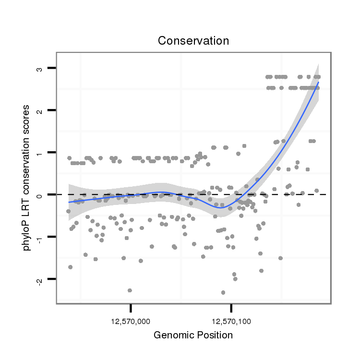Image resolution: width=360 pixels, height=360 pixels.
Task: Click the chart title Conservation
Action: pos(193,41)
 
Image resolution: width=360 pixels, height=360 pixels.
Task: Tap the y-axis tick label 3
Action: pos(40,69)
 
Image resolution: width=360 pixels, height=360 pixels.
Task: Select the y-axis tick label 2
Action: pos(40,110)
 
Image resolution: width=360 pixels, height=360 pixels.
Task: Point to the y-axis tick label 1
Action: pos(40,153)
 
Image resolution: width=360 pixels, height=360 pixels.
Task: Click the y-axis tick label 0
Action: pos(40,194)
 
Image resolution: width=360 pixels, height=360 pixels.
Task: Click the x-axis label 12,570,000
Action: pos(131,320)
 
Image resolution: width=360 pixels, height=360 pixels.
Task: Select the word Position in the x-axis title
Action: pos(214,335)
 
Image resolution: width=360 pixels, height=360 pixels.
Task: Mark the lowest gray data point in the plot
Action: pos(223,292)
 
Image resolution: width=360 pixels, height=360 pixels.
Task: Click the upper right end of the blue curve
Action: pos(318,83)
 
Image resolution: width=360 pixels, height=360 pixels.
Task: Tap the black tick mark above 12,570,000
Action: pos(131,308)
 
